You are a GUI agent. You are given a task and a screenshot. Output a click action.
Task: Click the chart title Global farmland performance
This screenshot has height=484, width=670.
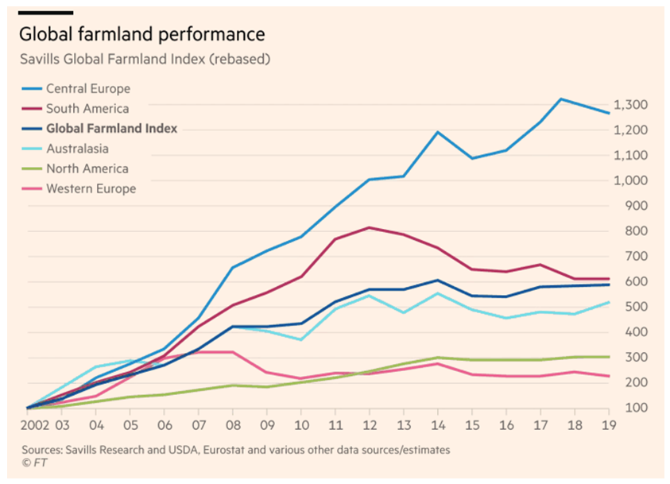(141, 34)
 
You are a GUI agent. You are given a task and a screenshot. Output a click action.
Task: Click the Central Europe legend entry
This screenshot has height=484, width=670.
(88, 89)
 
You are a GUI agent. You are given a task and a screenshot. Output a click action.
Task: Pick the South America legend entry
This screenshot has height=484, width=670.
(87, 109)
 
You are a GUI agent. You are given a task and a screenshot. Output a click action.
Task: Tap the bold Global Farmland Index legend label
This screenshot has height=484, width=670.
(111, 129)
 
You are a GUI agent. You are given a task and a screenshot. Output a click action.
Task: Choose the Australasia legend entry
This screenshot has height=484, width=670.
(78, 149)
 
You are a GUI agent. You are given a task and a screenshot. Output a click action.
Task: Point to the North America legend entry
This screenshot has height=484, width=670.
(87, 168)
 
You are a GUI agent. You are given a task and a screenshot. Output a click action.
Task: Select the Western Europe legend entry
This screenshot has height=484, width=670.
(91, 188)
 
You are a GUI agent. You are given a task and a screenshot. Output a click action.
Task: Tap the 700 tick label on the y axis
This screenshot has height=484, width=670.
(631, 257)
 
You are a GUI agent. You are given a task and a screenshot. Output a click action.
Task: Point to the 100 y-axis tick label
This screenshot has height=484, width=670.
(631, 408)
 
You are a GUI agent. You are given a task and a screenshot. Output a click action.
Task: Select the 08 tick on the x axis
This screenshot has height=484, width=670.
(232, 424)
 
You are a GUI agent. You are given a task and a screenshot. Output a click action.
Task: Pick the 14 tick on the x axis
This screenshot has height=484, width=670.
(438, 424)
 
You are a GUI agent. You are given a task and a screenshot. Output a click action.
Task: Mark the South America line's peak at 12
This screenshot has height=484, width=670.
(369, 228)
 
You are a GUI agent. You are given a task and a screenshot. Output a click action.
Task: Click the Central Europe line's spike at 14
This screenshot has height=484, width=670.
(438, 132)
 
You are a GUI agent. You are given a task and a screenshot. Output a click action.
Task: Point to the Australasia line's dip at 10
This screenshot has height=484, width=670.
(300, 339)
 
